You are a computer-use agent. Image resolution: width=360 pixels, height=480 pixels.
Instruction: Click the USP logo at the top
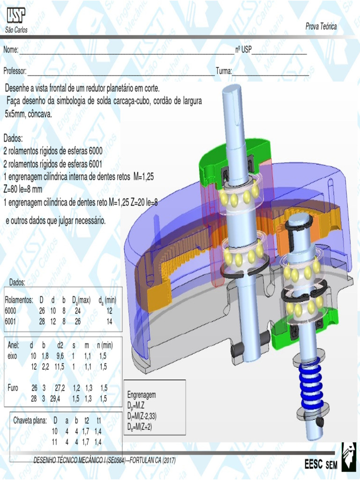[x=15, y=16]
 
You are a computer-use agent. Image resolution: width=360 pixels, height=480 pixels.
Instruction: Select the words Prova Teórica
[x=321, y=27]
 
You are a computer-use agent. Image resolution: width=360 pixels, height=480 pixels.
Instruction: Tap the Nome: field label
[x=11, y=50]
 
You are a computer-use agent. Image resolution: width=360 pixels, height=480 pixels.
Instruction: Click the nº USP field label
[x=243, y=50]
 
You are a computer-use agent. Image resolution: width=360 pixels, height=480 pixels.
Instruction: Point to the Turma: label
[x=224, y=71]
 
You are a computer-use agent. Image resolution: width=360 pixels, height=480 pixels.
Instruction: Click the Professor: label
[x=15, y=71]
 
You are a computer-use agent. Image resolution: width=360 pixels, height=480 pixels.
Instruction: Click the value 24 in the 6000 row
[x=77, y=310]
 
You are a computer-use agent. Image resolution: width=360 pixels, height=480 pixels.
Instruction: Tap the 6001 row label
[x=10, y=322]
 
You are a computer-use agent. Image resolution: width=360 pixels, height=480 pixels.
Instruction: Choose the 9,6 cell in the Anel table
[x=60, y=356]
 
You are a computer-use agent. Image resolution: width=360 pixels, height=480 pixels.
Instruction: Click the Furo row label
[x=13, y=388]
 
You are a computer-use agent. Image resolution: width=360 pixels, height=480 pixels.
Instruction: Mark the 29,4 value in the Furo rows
[x=56, y=399]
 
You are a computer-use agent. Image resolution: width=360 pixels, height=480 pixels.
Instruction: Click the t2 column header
[x=87, y=420]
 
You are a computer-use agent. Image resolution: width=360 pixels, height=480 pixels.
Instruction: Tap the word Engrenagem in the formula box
[x=142, y=395]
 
